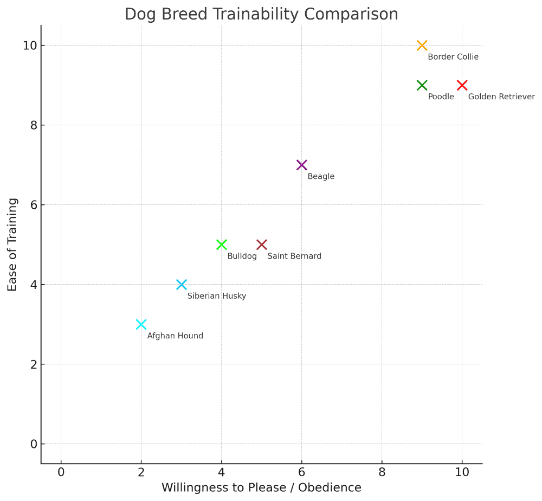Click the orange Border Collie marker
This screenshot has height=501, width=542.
click(x=422, y=46)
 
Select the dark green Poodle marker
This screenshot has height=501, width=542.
click(x=422, y=85)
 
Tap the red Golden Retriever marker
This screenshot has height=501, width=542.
click(x=462, y=85)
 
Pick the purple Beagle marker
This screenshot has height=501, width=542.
click(x=302, y=165)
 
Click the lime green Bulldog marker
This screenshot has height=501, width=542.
click(x=221, y=245)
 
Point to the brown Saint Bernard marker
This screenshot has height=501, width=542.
click(x=261, y=245)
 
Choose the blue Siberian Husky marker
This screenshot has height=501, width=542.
click(x=182, y=285)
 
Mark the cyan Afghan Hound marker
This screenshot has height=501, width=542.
click(x=141, y=324)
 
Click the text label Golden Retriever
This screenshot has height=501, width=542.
click(x=501, y=97)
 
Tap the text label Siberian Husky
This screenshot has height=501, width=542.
click(x=217, y=296)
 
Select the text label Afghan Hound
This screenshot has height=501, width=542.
click(x=175, y=336)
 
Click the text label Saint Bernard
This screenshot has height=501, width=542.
click(x=294, y=256)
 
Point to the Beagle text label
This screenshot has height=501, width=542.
click(x=321, y=177)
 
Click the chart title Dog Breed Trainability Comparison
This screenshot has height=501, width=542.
click(x=261, y=14)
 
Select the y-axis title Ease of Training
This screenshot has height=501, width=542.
click(x=12, y=245)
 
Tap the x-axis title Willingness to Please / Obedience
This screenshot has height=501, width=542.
click(x=261, y=487)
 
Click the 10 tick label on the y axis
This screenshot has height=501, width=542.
click(x=30, y=46)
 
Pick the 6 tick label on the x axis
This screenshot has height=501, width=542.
click(x=302, y=472)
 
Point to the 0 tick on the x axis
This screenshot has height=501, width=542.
click(x=61, y=472)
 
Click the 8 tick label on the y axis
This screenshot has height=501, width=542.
click(x=34, y=125)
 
